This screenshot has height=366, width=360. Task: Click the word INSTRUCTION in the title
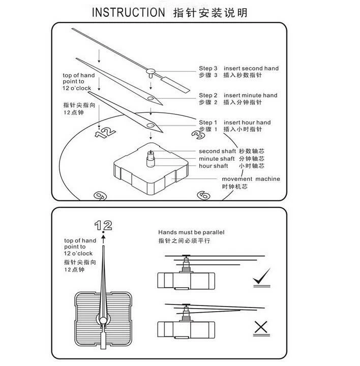tap(129, 12)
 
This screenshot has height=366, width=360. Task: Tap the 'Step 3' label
tap(208, 69)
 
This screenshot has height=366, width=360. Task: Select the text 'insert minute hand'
tap(251, 95)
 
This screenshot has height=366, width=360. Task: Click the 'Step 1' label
tap(208, 123)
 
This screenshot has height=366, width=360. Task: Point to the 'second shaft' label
tap(217, 151)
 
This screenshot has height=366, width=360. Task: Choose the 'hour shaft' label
tap(214, 166)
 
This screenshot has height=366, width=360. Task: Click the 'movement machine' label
tap(251, 179)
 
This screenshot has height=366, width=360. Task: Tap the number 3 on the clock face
tap(198, 134)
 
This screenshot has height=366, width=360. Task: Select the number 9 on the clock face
tap(100, 196)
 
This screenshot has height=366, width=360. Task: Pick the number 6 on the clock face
tap(203, 195)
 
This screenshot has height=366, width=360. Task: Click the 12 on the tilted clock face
tap(105, 132)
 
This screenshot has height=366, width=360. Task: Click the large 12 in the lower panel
tap(103, 226)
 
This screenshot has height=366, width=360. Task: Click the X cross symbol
tap(261, 327)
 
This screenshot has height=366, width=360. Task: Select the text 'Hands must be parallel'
tap(191, 232)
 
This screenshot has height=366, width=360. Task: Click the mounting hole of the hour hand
tap(151, 126)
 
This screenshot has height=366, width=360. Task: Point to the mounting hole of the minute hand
tap(151, 98)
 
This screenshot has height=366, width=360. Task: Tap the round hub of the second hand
tap(151, 71)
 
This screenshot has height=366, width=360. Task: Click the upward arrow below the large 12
tap(103, 239)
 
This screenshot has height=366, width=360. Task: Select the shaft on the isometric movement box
tap(151, 159)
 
